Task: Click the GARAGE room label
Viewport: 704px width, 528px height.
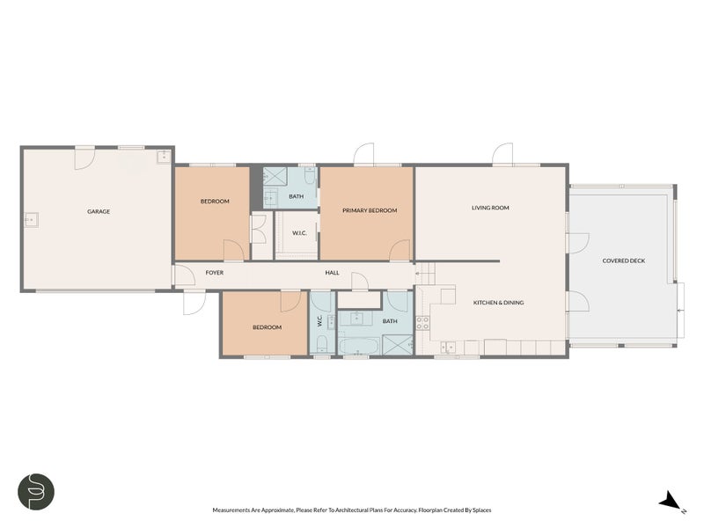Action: pos(98,211)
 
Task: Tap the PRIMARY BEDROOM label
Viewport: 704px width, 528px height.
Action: pos(370,210)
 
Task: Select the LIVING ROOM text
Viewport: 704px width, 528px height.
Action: pos(490,208)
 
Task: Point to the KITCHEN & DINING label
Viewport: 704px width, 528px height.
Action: pos(498,303)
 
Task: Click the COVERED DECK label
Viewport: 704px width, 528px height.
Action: pos(623,260)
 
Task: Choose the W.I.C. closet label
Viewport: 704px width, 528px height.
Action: pos(298,233)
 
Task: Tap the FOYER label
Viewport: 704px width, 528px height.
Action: pos(215,273)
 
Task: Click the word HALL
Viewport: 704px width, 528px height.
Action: pos(332,273)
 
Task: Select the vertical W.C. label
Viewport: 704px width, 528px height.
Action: pos(320,322)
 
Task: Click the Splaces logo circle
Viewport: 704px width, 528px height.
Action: pos(36,491)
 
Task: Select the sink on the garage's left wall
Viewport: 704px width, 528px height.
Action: pos(31,219)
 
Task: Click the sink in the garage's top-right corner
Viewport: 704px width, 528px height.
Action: pos(163,158)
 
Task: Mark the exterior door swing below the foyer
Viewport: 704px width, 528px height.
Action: pos(192,304)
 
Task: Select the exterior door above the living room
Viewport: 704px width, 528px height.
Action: pos(502,155)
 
